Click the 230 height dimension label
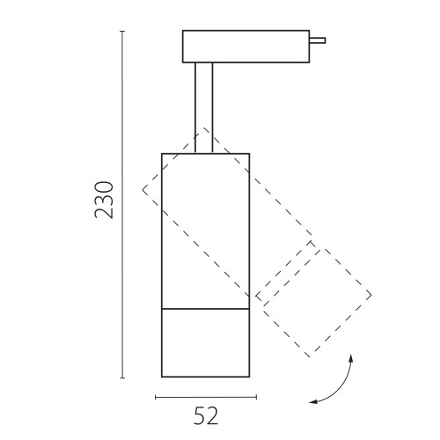pos(104,200)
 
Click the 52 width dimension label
pos(206,416)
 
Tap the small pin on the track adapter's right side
pos(318,40)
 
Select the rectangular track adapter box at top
pos(246,47)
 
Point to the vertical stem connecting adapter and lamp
pos(204,108)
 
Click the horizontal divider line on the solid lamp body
pos(206,309)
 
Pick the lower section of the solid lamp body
pos(206,342)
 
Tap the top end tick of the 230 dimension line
pos(122,31)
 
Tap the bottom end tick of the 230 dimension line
pos(122,378)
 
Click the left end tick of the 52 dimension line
pos(156,397)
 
